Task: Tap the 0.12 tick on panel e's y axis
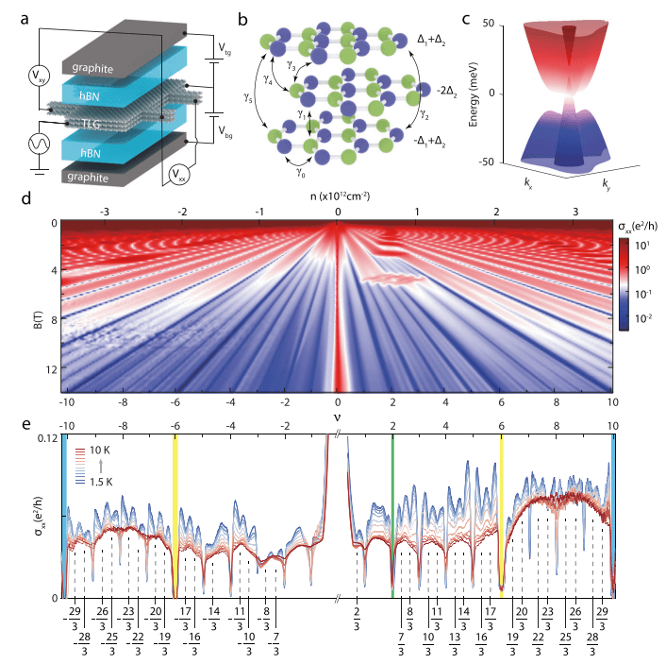45,439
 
